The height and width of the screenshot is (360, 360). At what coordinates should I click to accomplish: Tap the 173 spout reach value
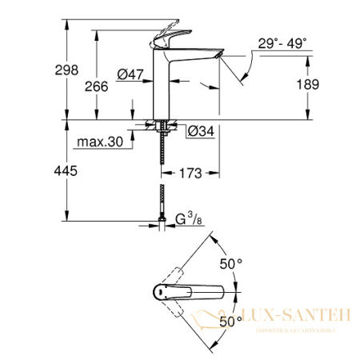(190, 174)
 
